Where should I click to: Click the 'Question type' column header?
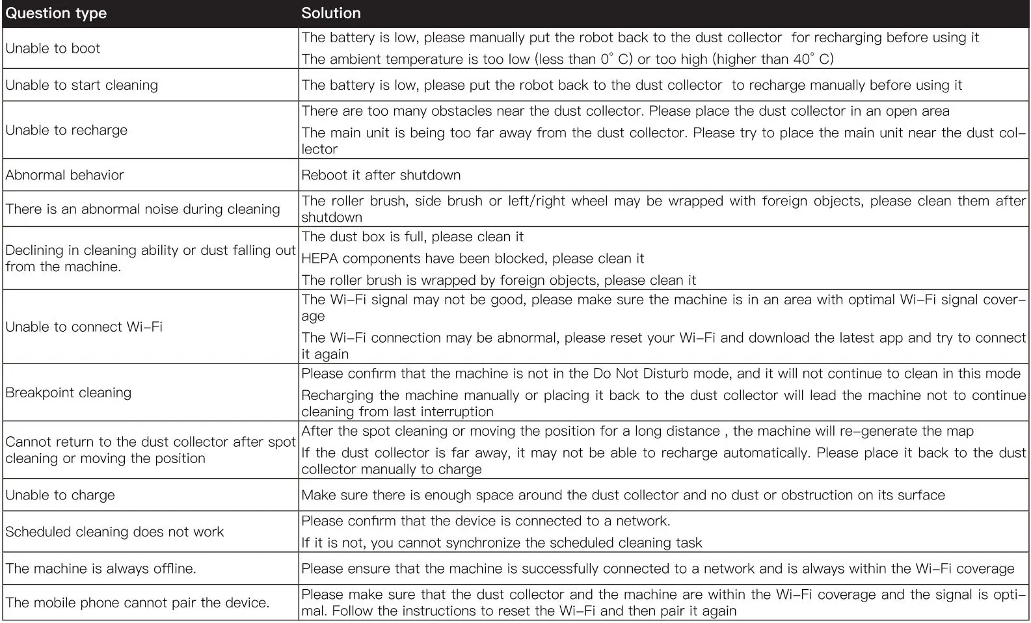coord(56,14)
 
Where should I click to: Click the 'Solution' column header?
coord(330,14)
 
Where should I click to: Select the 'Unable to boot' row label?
coord(53,48)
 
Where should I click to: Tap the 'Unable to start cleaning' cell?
coord(81,85)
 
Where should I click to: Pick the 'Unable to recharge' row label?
coord(66,130)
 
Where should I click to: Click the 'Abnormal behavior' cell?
coord(64,175)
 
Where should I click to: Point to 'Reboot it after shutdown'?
coord(381,175)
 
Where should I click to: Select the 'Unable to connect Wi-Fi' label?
coord(84,327)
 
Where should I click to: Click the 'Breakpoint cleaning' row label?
coord(68,393)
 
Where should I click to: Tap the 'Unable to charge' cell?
coord(60,496)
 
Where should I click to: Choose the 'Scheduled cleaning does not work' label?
coord(114,532)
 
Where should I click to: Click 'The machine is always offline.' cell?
coord(101,569)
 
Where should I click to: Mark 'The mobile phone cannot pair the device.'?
coord(137,603)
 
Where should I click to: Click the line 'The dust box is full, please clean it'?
coord(412,237)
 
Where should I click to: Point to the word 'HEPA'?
coord(319,259)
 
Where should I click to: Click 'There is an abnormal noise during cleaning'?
coord(142,209)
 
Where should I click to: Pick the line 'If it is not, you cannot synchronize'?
coord(502,543)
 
